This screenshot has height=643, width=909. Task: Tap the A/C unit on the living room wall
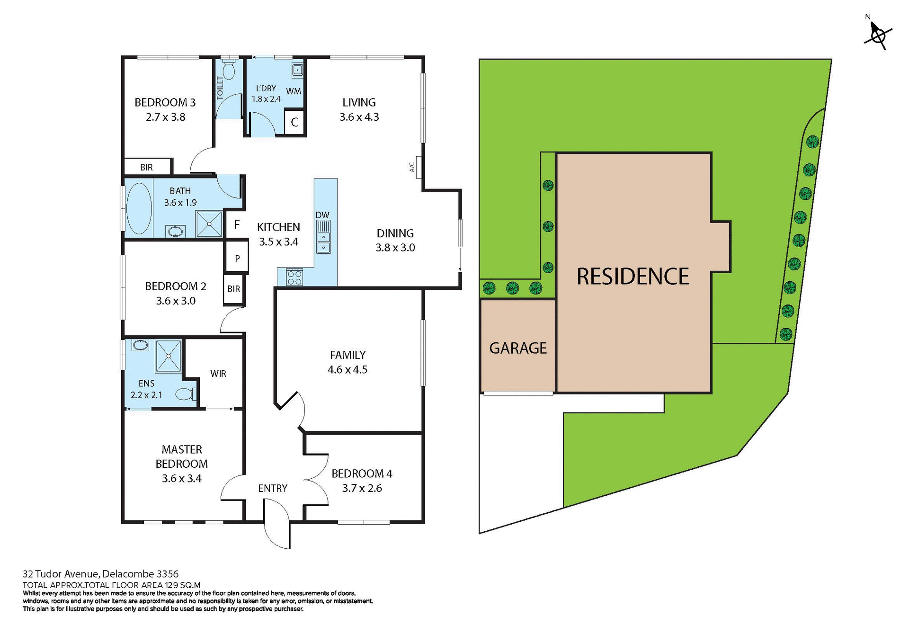click(419, 167)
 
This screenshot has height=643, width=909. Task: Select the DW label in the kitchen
click(322, 215)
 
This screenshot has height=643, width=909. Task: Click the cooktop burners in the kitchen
click(294, 277)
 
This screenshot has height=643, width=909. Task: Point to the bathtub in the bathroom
click(139, 208)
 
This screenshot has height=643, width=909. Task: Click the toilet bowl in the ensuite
click(184, 394)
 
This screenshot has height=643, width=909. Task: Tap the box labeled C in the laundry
click(294, 122)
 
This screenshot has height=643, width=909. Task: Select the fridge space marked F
click(237, 224)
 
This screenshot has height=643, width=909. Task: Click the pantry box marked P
click(237, 258)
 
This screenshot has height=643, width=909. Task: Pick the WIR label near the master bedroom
click(218, 374)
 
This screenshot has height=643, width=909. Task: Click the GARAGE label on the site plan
click(518, 348)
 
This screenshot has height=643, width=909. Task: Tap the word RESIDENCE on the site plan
click(633, 277)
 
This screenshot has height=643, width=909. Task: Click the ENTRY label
click(273, 488)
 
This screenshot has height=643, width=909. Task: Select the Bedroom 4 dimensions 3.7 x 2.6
click(362, 488)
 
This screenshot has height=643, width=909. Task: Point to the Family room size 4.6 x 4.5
click(348, 370)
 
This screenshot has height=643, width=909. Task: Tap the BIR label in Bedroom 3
click(146, 167)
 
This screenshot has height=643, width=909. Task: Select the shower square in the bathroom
click(209, 224)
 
